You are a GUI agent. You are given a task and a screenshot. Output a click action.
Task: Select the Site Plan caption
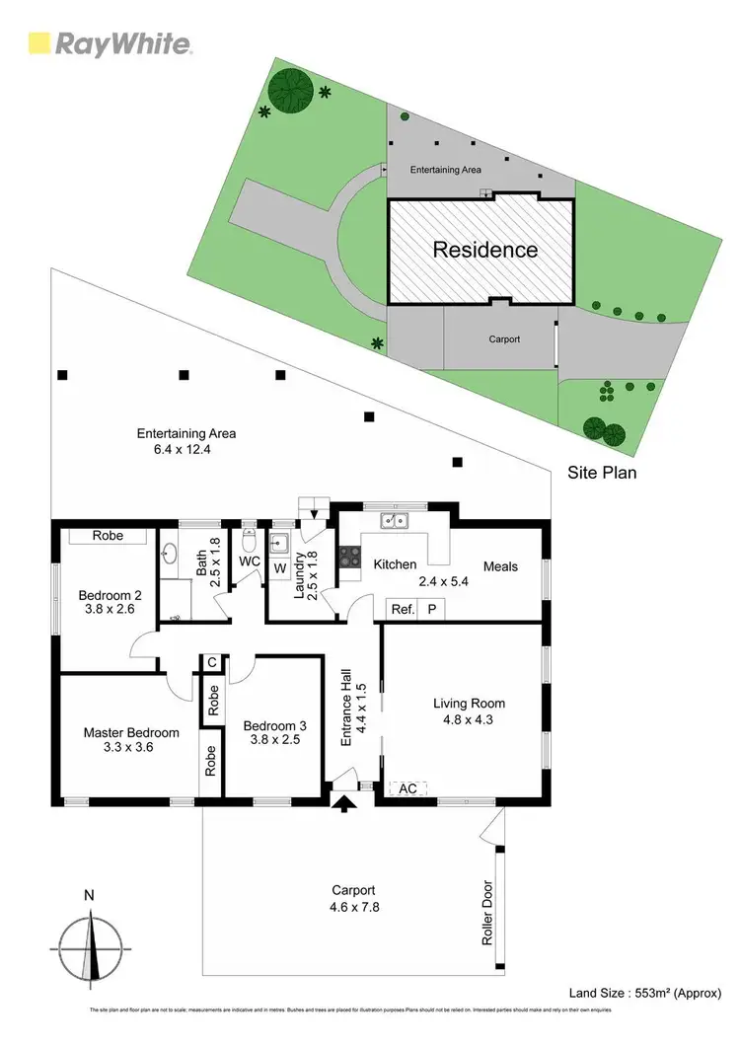pos(602,473)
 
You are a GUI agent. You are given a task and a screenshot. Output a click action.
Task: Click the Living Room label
pos(470,704)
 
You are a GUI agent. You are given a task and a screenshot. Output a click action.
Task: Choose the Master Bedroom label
pos(131,733)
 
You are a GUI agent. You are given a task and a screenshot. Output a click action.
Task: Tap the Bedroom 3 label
pos(275,725)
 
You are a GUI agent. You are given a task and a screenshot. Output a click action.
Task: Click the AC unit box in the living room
pos(407,788)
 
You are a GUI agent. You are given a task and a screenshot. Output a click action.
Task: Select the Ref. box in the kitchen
pos(401,609)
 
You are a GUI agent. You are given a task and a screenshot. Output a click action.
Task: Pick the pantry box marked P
pos(431,609)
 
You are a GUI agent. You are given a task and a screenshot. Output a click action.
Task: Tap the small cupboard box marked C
pos(211,662)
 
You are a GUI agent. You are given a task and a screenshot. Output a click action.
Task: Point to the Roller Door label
pos(487,914)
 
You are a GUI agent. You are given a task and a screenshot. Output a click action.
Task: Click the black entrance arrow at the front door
pos(343,805)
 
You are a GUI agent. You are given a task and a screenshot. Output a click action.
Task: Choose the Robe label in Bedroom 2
pos(108,536)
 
